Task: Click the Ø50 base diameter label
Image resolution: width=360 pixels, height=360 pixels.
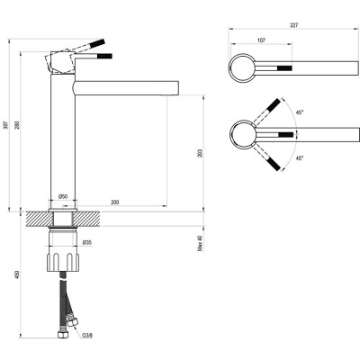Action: [x=64, y=196]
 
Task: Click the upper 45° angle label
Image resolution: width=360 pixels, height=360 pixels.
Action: [x=299, y=113]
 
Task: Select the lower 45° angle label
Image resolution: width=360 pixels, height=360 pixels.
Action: [x=299, y=157]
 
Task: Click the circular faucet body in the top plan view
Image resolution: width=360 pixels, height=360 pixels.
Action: [x=243, y=67]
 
